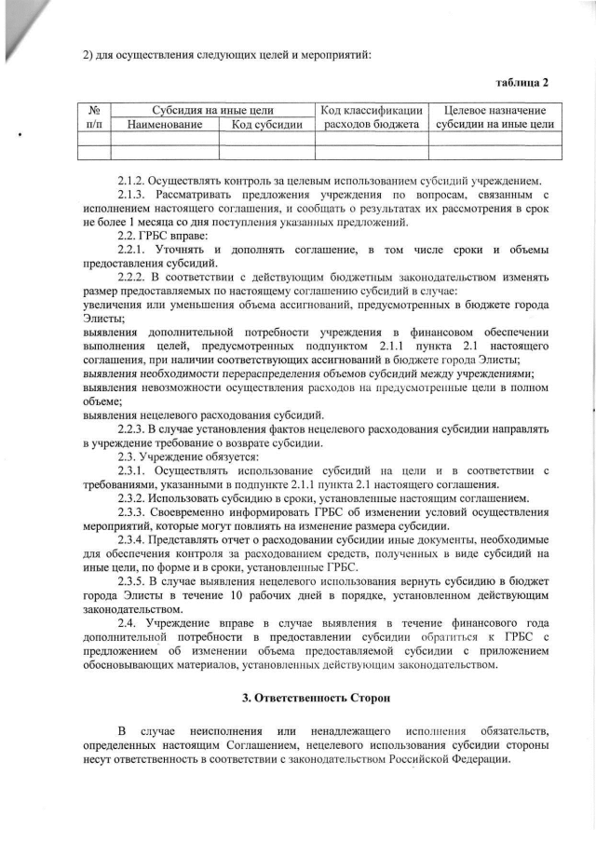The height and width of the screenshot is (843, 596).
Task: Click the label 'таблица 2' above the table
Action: (521, 81)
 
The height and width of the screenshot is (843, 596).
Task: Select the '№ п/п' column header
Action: (94, 116)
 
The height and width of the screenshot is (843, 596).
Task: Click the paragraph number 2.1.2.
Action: (134, 180)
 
